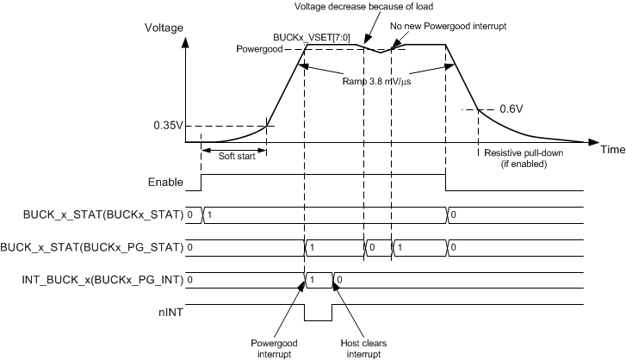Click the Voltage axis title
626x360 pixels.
pos(166,28)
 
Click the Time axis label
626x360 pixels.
pos(612,149)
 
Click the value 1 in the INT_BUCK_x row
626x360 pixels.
pos(313,279)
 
